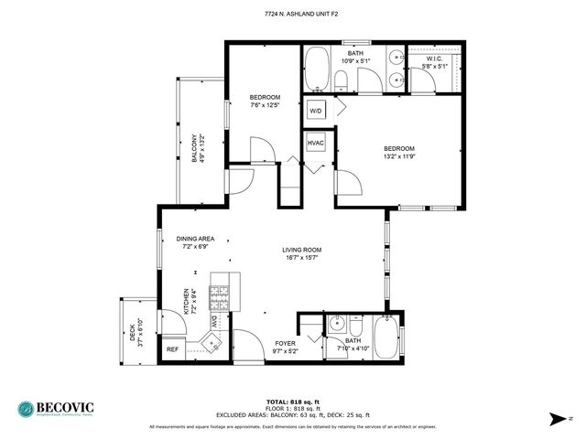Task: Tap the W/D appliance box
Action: tap(316, 111)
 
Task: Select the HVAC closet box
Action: tap(316, 144)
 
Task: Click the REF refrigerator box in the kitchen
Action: tap(172, 348)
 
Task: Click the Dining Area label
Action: tap(195, 238)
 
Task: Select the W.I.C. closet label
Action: tap(433, 59)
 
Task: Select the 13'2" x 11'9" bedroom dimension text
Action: tap(399, 156)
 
